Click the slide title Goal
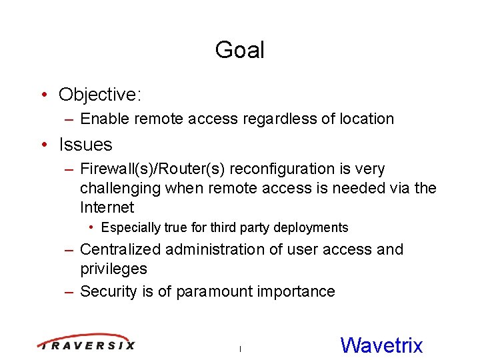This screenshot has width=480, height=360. (239, 50)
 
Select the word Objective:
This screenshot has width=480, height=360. (100, 95)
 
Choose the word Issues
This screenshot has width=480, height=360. (85, 145)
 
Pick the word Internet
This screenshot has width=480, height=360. (107, 207)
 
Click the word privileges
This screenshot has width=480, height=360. (113, 269)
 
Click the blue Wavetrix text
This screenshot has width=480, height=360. (381, 345)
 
